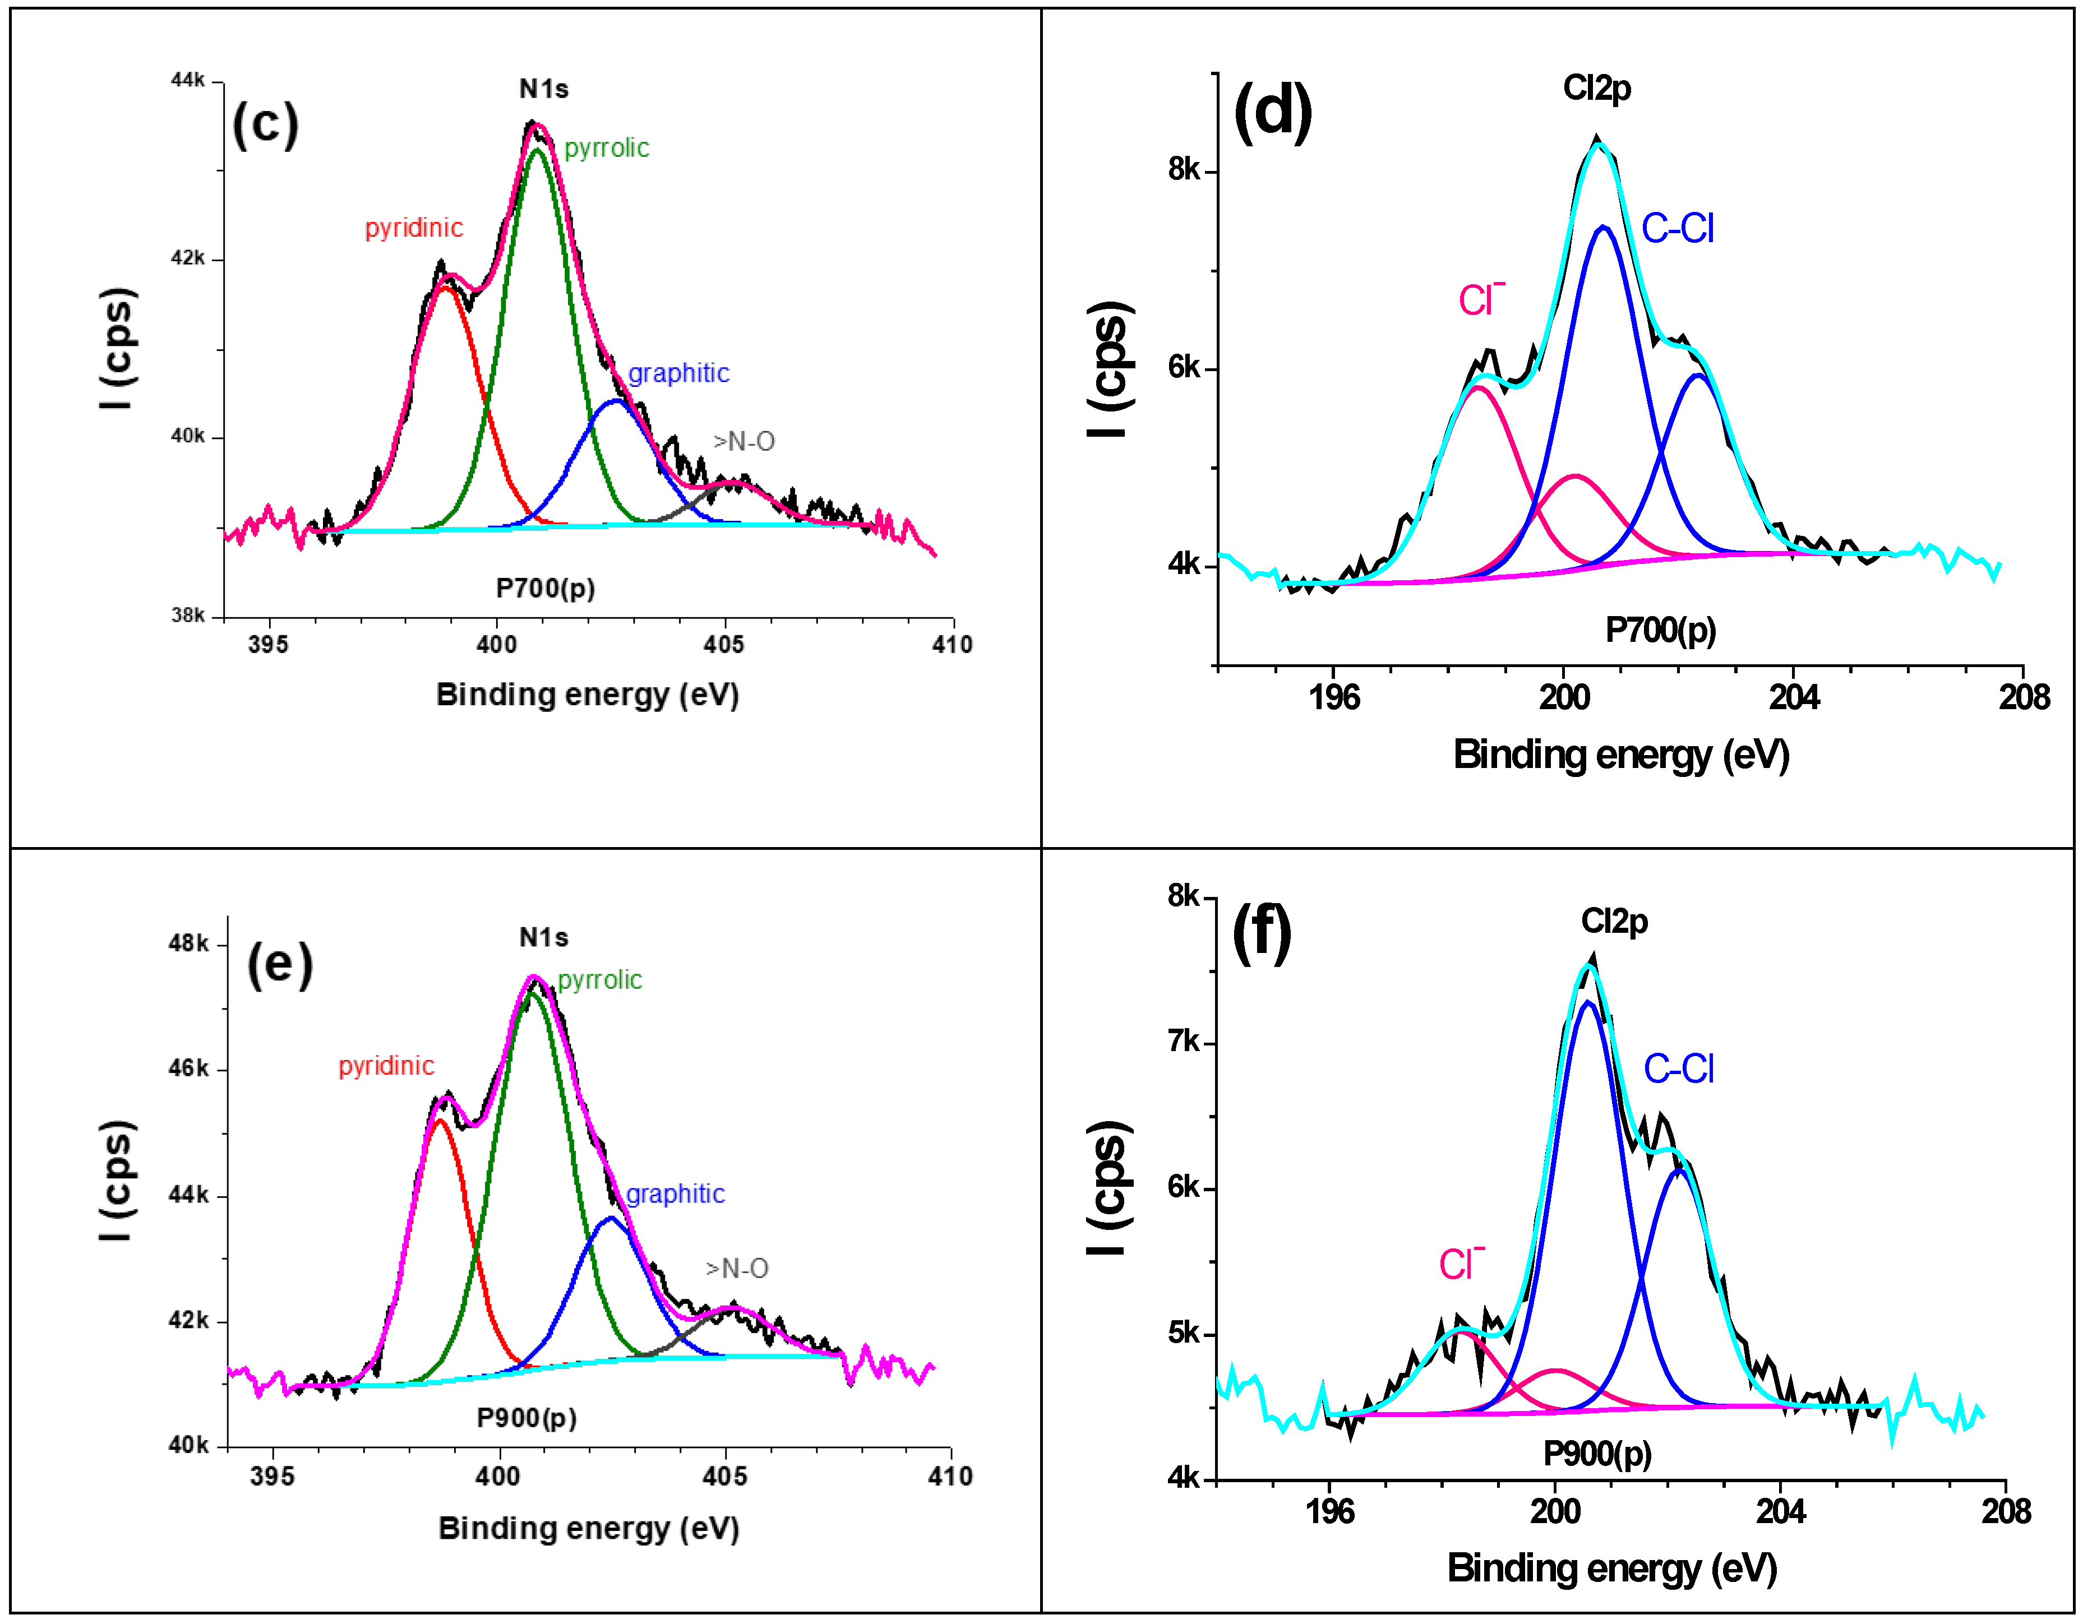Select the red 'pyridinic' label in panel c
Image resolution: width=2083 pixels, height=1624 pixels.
tap(413, 228)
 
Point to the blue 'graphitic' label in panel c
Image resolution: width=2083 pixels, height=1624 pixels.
tap(678, 373)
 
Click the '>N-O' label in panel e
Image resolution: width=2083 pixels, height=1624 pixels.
tap(736, 1268)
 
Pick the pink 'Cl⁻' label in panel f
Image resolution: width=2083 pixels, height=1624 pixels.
tap(1460, 1265)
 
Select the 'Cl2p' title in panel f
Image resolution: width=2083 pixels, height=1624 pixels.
tap(1614, 921)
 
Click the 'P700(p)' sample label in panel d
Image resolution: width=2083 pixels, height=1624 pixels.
tap(1660, 630)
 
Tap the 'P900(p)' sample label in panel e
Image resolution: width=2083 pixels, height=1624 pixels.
tap(526, 1418)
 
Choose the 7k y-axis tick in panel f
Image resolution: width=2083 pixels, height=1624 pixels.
tap(1183, 1042)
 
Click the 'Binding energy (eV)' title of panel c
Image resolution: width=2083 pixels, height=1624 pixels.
tap(588, 694)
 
